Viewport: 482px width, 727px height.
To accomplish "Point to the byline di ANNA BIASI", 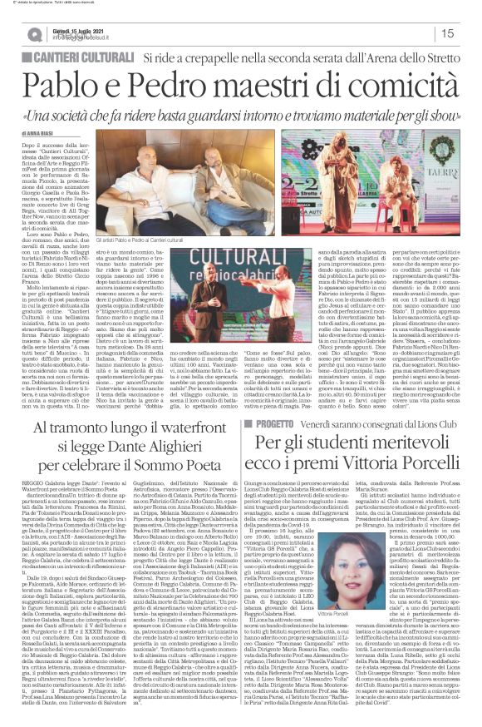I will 37,132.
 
